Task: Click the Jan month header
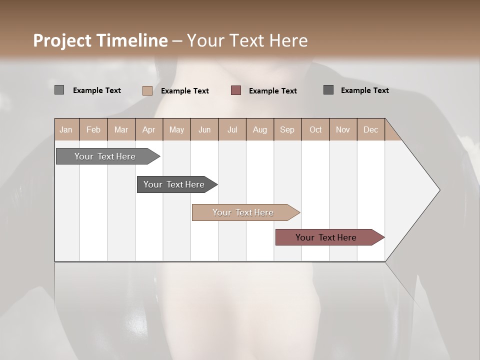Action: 66,129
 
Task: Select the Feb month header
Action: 93,129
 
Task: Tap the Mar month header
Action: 121,129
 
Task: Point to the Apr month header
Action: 149,129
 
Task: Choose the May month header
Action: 176,129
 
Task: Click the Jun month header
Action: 204,129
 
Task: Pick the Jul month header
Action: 232,129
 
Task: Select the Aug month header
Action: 260,129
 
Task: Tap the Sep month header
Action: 287,129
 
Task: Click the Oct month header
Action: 315,129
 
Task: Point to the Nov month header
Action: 343,129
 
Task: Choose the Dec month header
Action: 371,129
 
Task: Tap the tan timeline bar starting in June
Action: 243,212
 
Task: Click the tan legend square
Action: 147,90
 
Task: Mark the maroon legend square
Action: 236,90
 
